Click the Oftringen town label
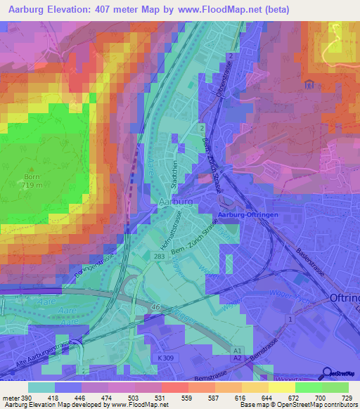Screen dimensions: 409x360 pos(344,298)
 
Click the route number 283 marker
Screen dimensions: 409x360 pos(160,257)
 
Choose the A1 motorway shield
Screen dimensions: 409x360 pos(237,349)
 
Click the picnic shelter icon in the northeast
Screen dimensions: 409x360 pos(308,85)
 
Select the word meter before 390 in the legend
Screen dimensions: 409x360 pos(11,396)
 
